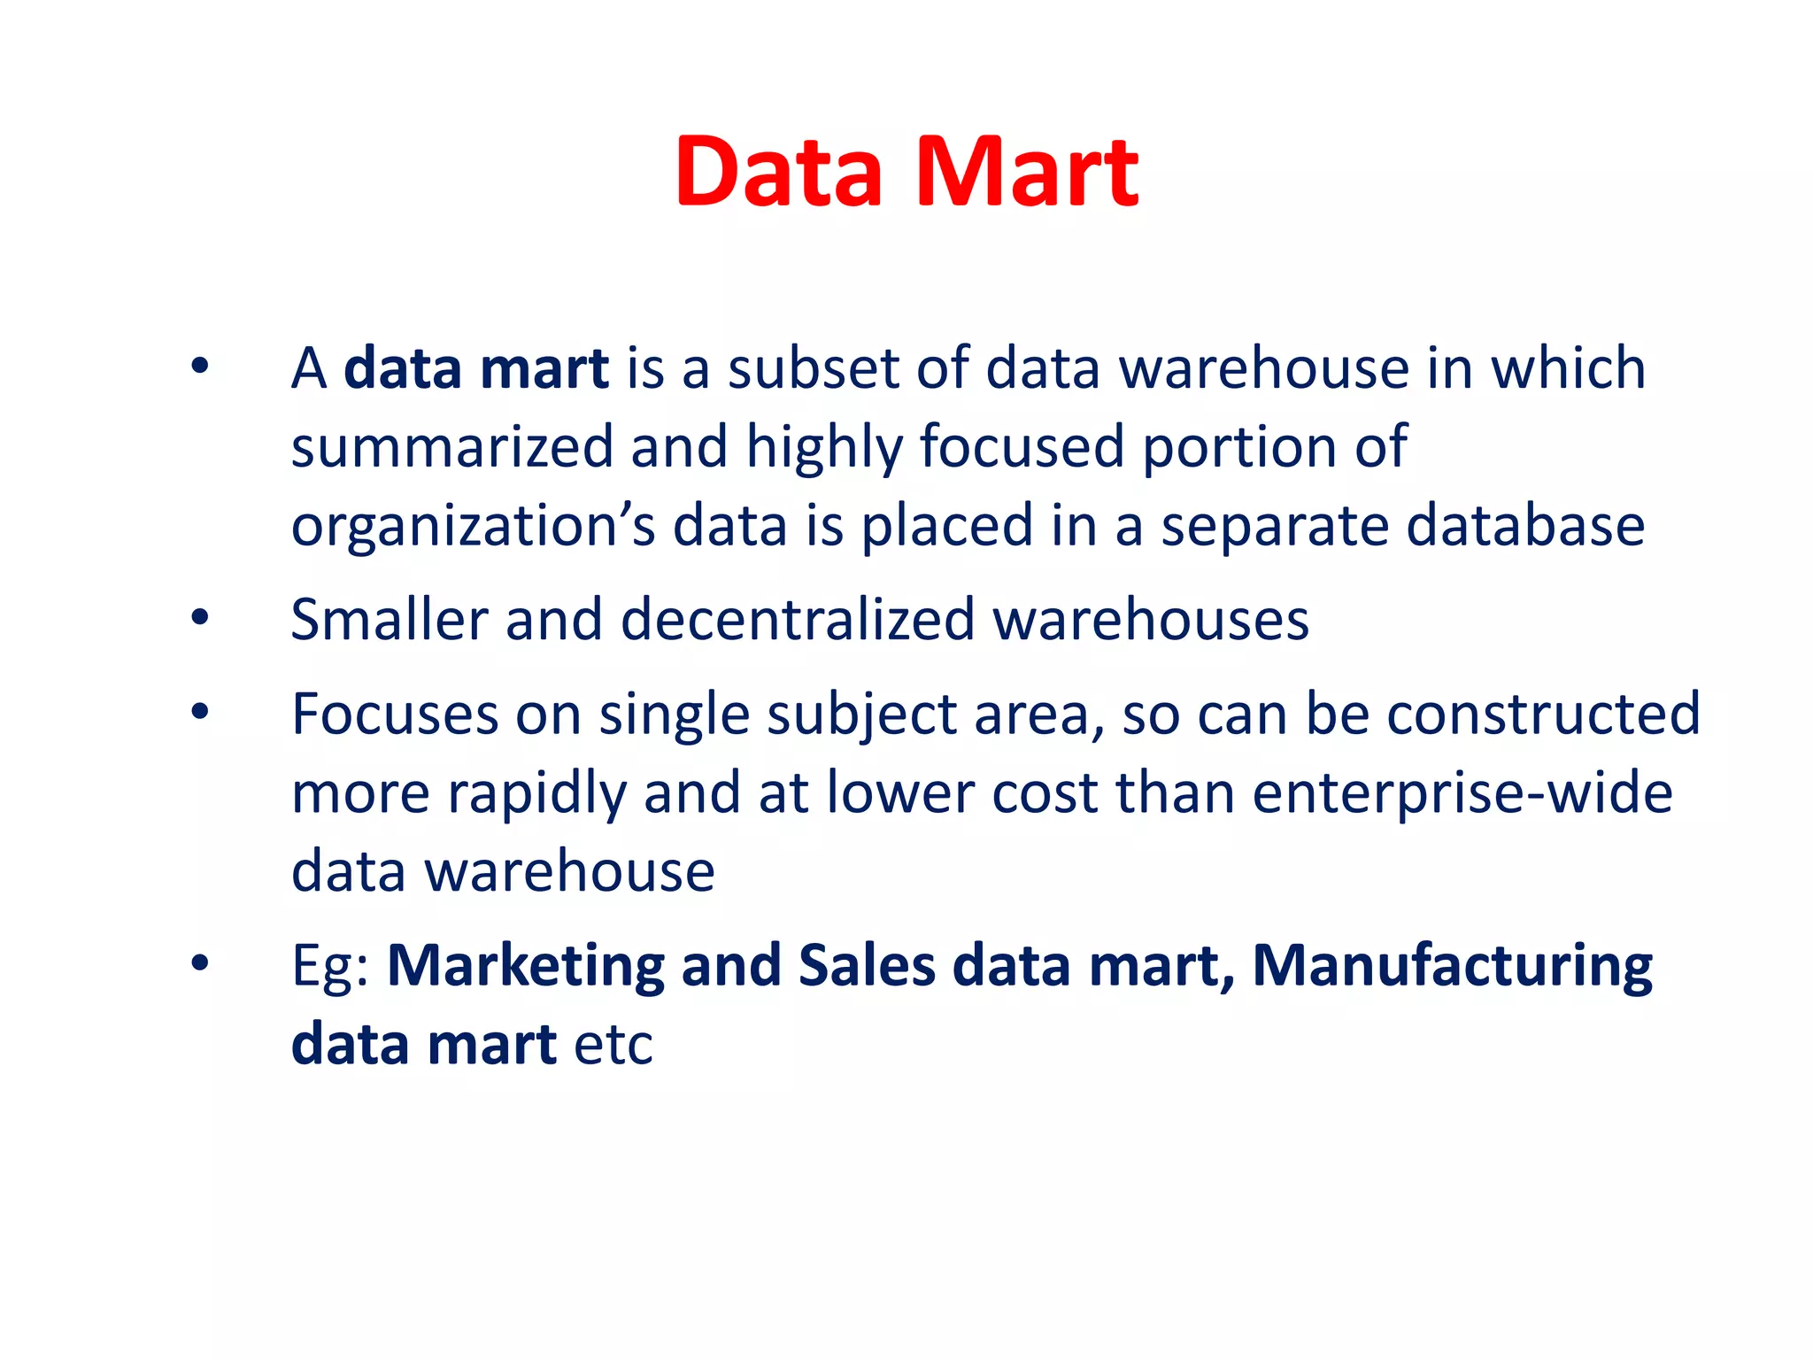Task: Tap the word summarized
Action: point(452,447)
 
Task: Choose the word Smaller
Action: point(390,620)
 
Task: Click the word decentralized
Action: point(798,620)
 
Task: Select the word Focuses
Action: point(395,714)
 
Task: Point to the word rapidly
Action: point(536,793)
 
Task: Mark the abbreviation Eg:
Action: point(330,967)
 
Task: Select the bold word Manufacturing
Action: point(1452,967)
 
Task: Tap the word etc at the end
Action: point(613,1045)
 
